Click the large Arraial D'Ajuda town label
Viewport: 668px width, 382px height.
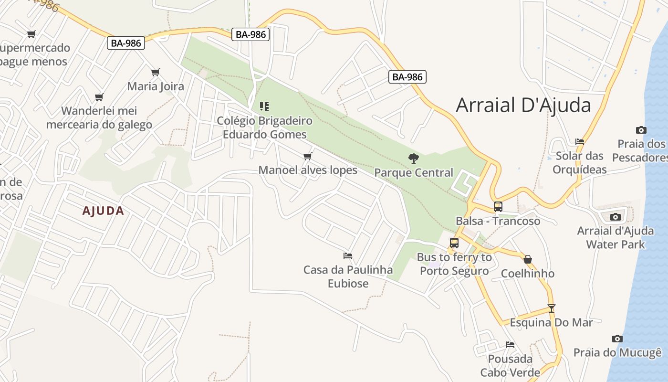[x=523, y=105]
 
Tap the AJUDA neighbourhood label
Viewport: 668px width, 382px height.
[x=103, y=211]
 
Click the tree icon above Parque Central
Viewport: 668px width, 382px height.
[x=414, y=158]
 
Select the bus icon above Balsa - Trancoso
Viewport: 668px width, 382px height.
[x=498, y=207]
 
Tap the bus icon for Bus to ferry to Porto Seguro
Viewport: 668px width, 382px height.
[x=454, y=243]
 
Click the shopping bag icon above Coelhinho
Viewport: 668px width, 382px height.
[x=528, y=259]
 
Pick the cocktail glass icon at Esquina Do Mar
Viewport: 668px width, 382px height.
[x=552, y=308]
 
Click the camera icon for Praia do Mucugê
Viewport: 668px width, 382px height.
[x=617, y=339]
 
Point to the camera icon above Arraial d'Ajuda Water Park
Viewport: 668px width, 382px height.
[x=615, y=217]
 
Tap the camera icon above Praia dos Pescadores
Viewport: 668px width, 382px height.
[x=641, y=130]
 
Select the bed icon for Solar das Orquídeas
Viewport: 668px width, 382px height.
[x=580, y=141]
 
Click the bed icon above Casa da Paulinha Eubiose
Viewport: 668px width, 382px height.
[x=348, y=256]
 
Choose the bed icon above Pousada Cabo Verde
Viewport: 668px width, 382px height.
[x=510, y=344]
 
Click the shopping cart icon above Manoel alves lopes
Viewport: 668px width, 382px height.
[x=308, y=156]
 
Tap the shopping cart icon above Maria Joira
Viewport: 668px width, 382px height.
[x=155, y=73]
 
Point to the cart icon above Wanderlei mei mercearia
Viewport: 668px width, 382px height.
[x=99, y=97]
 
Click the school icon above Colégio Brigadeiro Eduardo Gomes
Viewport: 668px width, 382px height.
[x=264, y=106]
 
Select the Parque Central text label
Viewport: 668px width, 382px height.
[x=414, y=172]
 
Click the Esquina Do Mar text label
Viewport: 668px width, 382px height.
[x=551, y=322]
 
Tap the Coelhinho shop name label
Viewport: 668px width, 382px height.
[x=528, y=274]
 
